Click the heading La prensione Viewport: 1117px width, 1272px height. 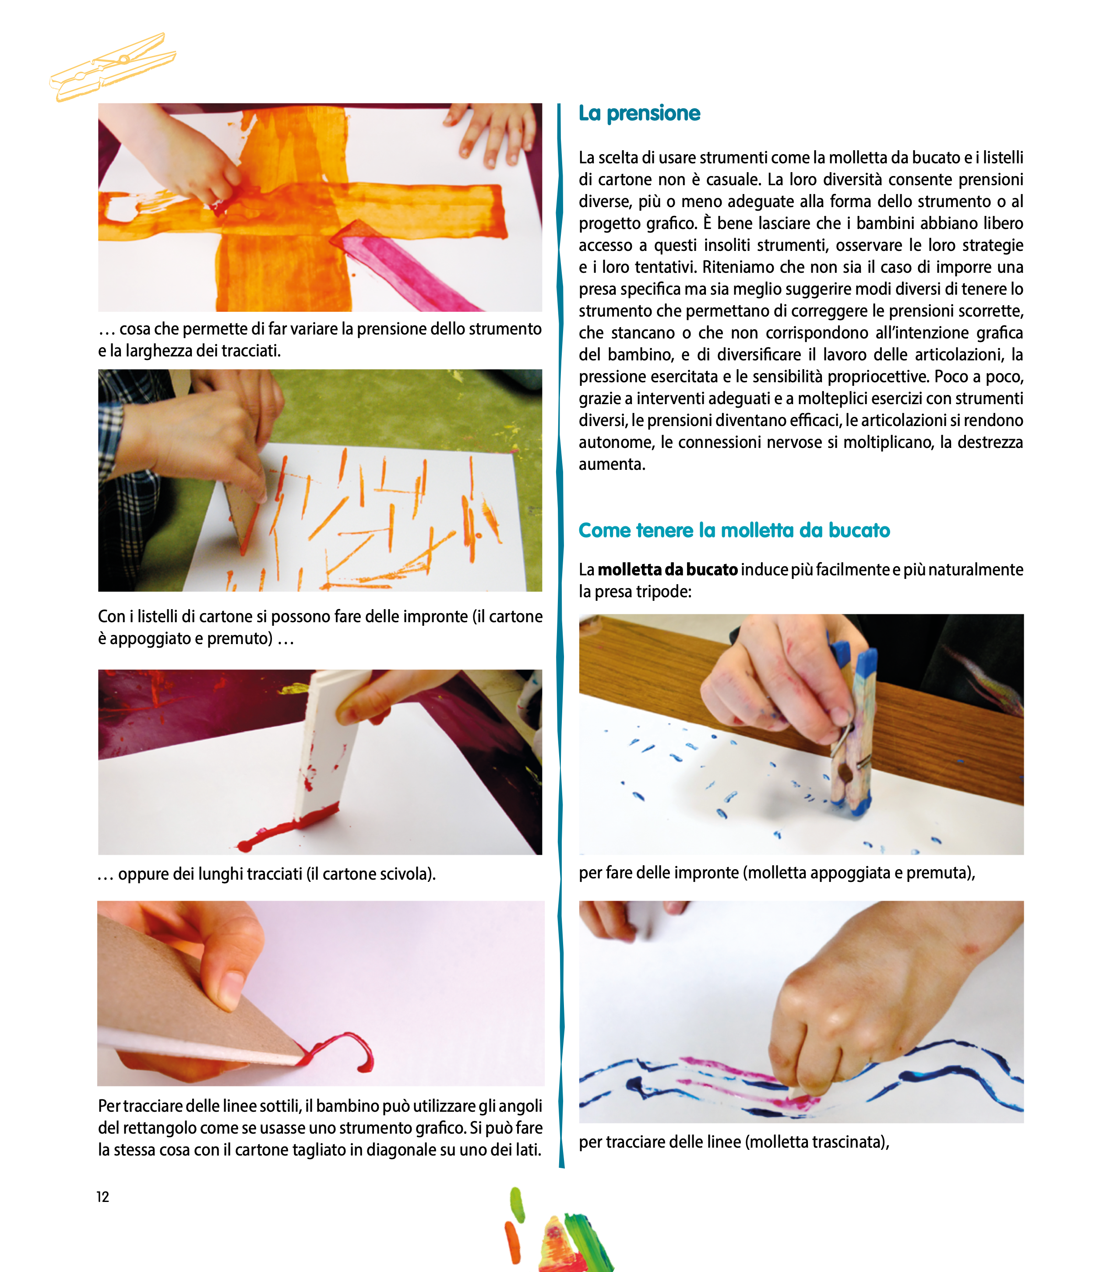coord(639,113)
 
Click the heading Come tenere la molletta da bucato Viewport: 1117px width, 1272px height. coord(734,530)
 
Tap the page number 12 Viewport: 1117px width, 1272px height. coord(102,1197)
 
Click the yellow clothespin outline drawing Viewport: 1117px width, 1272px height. coord(113,67)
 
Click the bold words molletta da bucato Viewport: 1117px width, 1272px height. coord(668,569)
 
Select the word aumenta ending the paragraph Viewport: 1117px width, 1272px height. coord(612,464)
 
